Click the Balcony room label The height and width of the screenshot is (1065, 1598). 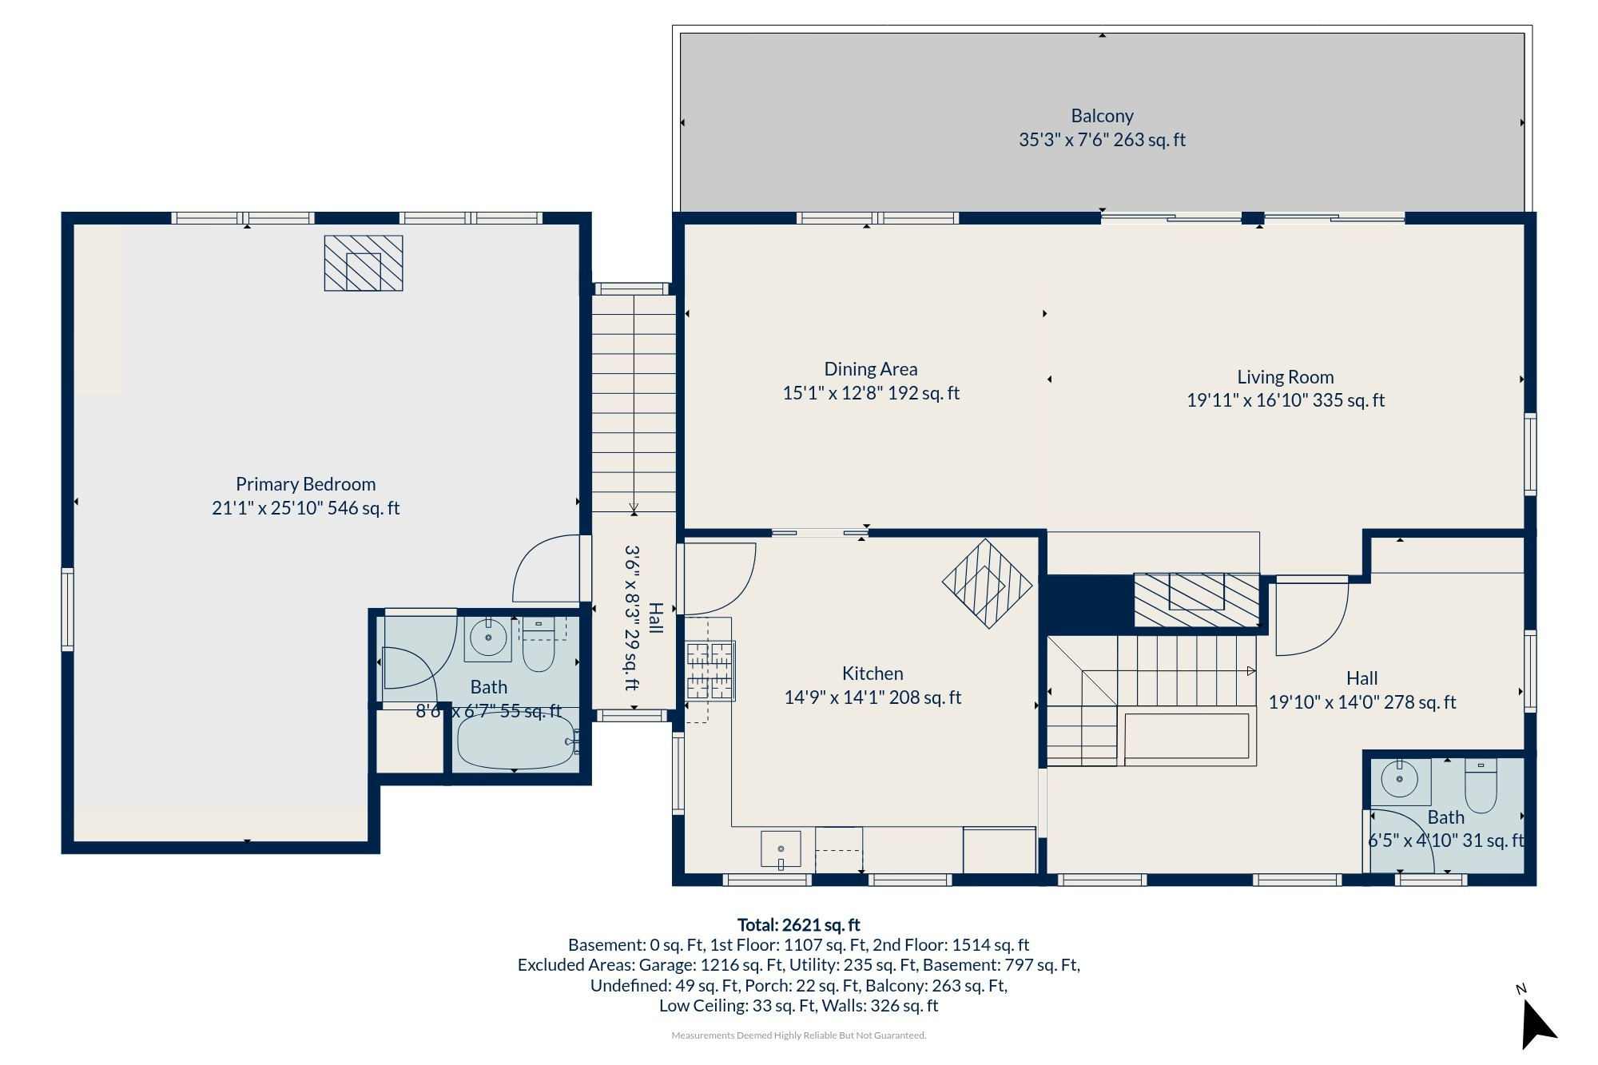click(1102, 117)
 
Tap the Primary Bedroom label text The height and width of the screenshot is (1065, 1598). click(305, 484)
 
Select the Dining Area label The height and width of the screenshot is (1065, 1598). click(871, 369)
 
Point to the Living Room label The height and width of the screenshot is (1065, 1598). click(1286, 377)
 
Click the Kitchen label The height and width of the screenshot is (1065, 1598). click(873, 674)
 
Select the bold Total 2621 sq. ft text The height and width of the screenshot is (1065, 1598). click(798, 925)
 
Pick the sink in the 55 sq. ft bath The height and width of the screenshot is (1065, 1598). click(488, 638)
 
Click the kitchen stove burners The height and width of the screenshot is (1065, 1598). click(710, 671)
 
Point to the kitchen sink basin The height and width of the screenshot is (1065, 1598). click(781, 849)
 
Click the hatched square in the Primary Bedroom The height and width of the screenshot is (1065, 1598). click(364, 263)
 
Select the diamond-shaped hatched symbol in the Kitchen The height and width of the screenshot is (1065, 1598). click(988, 583)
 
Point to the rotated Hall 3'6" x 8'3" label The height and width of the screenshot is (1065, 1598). click(643, 618)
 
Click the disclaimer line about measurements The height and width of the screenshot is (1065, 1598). click(798, 1035)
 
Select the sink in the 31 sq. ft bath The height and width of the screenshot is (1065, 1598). click(1400, 780)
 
